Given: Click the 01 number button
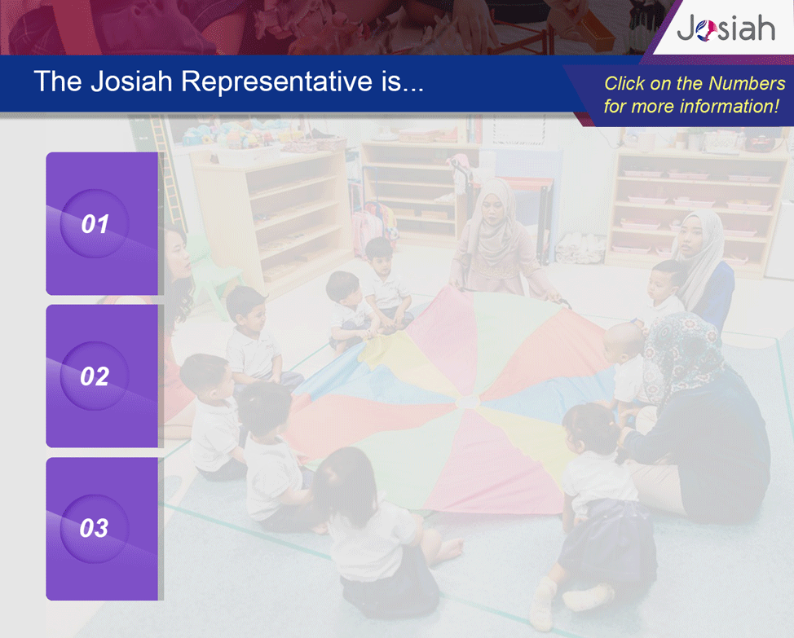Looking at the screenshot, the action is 95,223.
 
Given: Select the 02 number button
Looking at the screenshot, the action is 95,376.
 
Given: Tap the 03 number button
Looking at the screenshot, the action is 95,528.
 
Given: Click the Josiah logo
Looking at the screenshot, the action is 726,29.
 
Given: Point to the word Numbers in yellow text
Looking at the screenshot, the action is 747,83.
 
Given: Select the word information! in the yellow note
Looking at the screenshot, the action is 729,106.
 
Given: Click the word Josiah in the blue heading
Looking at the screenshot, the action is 132,81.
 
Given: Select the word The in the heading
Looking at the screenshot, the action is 57,81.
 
